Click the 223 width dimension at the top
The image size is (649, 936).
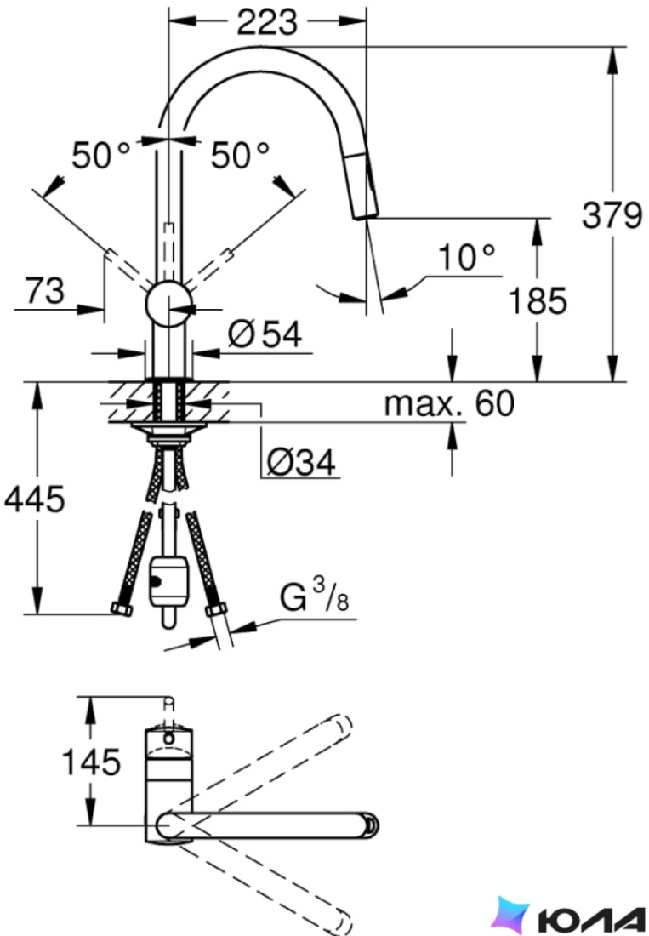(x=266, y=23)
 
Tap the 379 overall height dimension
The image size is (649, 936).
(x=612, y=215)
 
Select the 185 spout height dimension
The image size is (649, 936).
(x=538, y=301)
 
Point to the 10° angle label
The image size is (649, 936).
(x=467, y=257)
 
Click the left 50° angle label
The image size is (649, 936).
(x=101, y=156)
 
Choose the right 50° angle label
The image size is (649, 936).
(x=240, y=156)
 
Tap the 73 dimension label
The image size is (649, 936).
(x=44, y=291)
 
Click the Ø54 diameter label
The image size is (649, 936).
(x=265, y=335)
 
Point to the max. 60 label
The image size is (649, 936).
(x=449, y=403)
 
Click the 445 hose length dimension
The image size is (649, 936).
(x=34, y=499)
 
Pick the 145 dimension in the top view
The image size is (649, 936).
(x=92, y=762)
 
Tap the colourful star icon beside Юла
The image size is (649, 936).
(x=512, y=913)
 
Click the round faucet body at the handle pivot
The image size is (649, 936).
(x=168, y=303)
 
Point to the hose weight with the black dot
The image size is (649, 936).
(x=168, y=582)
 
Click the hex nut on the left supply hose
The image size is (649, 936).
(x=122, y=610)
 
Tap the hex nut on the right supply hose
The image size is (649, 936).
(x=216, y=610)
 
